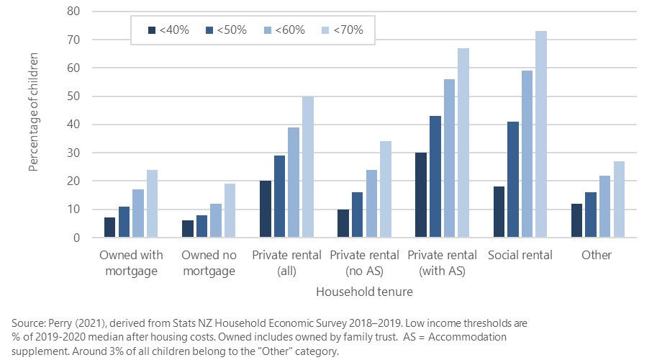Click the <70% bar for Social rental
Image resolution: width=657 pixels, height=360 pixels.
coord(540,135)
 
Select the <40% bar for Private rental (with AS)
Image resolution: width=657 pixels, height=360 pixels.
coord(420,195)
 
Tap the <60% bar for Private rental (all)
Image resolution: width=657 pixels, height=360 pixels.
coord(294,183)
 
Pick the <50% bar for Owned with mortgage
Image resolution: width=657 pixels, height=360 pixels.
coord(124,222)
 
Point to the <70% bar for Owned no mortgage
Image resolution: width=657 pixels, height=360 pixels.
coord(230,211)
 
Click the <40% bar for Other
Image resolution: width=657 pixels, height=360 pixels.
coord(576,221)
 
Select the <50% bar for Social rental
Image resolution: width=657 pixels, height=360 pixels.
coord(512,180)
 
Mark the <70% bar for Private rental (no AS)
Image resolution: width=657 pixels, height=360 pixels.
coord(385,189)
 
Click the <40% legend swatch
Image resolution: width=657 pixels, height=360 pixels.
coord(151,30)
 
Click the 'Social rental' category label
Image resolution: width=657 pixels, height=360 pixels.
coord(520,255)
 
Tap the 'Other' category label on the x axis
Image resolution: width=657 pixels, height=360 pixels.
coord(596,255)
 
